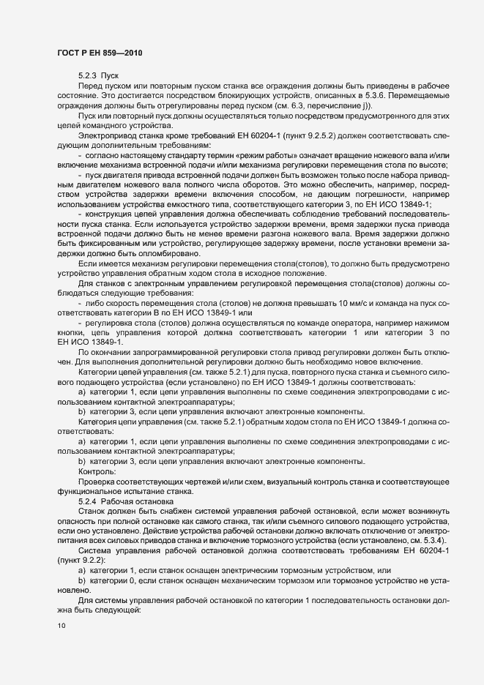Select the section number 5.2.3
89,76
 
